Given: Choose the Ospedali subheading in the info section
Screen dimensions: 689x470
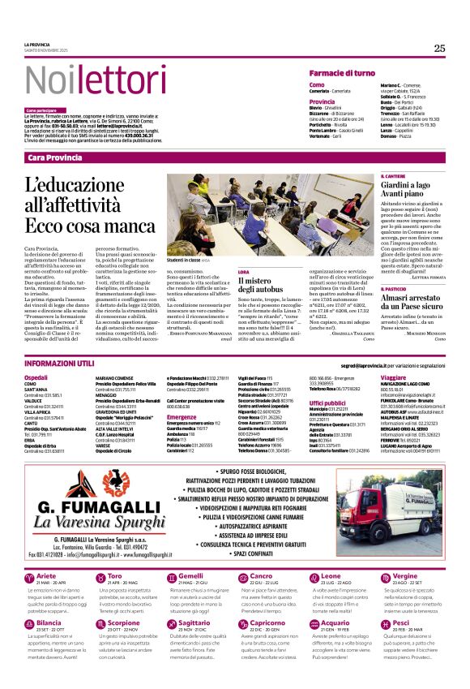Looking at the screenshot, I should pos(36,378).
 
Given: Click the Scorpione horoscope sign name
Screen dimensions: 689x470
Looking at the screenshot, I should pos(123,622).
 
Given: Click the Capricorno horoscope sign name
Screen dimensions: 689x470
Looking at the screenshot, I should pos(267,622).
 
